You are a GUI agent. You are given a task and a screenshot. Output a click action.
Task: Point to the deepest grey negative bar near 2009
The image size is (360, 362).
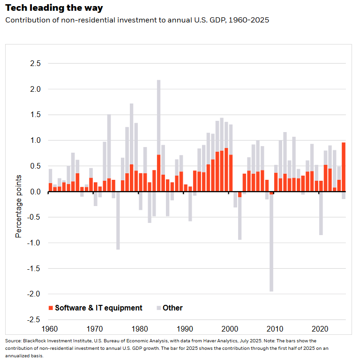(x=271, y=244)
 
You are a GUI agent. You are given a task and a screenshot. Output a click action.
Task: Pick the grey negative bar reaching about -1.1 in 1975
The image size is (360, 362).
(x=118, y=221)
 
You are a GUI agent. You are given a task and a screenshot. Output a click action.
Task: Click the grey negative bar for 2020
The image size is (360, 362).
(x=321, y=214)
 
